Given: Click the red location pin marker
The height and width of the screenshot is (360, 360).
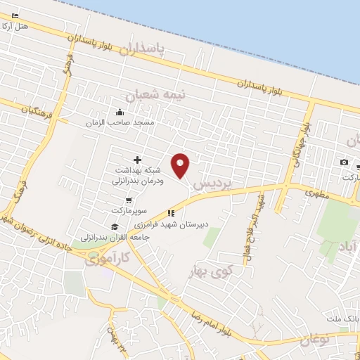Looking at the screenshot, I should tap(181, 165).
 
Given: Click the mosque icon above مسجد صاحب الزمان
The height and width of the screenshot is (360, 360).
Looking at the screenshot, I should tap(120, 112).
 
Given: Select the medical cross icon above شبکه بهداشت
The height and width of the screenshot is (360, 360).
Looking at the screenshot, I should tap(137, 160).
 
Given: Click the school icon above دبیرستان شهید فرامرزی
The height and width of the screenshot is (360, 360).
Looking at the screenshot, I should tap(170, 213).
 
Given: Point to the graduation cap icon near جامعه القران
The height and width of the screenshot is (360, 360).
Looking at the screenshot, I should tap(115, 226).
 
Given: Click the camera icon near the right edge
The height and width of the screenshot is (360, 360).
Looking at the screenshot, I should tap(344, 162).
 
